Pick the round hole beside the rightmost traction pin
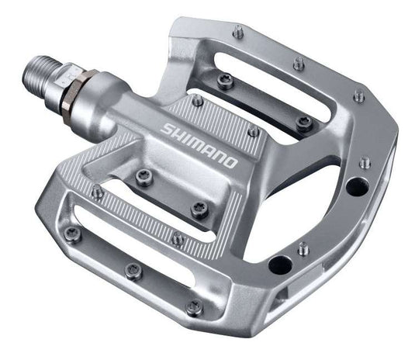coord(358,186)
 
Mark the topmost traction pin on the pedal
coord(239,32)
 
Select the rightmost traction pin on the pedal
coord(365,162)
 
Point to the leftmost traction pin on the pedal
coord(73,233)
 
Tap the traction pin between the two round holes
coord(303,248)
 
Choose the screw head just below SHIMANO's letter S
coord(144,176)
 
